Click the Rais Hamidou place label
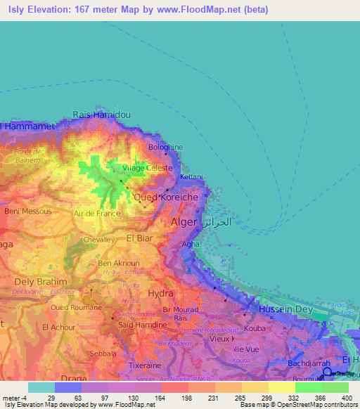pos(102,115)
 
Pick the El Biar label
pos(139,238)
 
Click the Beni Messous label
pos(27,211)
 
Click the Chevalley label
pos(99,240)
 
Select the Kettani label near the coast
pos(191,177)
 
